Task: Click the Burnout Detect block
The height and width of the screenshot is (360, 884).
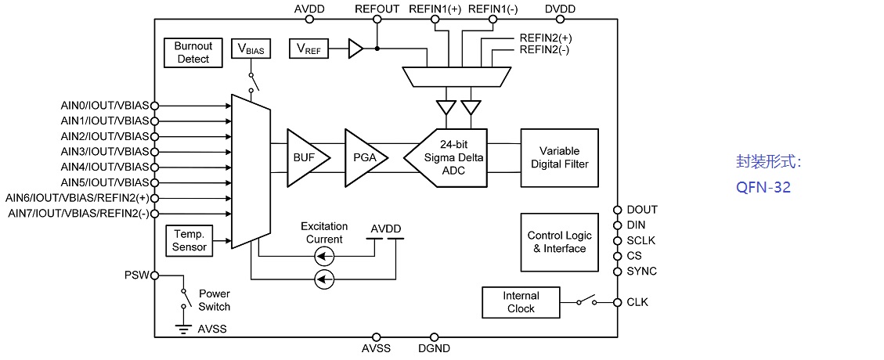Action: click(193, 53)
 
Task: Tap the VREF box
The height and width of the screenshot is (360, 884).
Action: click(308, 49)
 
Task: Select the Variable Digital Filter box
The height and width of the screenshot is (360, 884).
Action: click(559, 157)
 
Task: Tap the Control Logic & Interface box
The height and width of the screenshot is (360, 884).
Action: click(559, 242)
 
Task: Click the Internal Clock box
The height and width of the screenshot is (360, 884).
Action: click(521, 302)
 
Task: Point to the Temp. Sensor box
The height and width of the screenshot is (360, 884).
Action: click(189, 240)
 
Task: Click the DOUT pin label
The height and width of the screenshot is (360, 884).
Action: click(642, 210)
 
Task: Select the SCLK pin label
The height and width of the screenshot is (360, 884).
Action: click(640, 240)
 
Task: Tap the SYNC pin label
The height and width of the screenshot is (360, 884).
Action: click(641, 272)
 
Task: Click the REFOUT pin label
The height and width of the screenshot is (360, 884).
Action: click(377, 9)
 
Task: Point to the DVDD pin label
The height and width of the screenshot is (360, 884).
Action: click(560, 9)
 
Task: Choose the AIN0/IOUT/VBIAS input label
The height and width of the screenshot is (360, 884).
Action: click(104, 105)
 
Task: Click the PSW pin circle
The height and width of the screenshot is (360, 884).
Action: click(154, 275)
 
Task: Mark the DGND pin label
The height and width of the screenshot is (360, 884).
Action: click(434, 349)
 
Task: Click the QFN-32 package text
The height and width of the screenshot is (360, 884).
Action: click(763, 188)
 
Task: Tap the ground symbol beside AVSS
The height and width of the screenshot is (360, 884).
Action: click(184, 329)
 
